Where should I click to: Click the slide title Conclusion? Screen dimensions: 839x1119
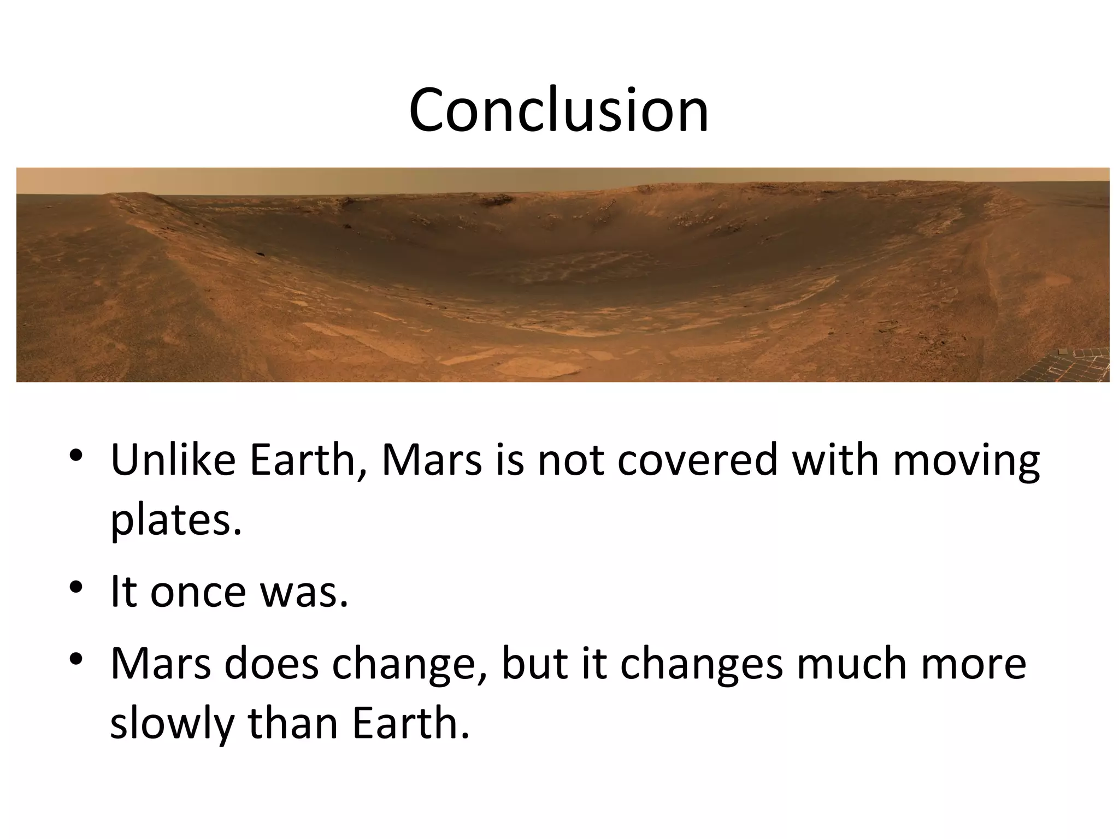pyautogui.click(x=558, y=110)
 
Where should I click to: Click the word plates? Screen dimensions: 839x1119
pyautogui.click(x=175, y=521)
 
